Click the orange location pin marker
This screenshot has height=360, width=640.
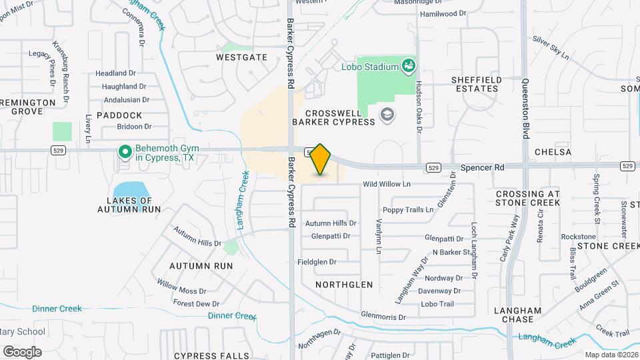pos(321,159)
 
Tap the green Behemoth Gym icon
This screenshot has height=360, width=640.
pos(124,152)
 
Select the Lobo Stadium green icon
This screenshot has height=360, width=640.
pos(409,65)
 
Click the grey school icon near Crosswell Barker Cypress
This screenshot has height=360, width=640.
pos(386,116)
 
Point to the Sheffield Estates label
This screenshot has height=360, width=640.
pos(476,84)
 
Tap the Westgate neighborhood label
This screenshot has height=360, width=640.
pos(241,57)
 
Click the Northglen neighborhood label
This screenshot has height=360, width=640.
pos(343,284)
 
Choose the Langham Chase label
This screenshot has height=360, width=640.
pos(517,315)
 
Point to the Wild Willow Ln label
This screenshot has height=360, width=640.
pos(387,184)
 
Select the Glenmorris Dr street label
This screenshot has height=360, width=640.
pos(383,317)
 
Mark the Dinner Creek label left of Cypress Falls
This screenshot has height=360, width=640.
pos(57,309)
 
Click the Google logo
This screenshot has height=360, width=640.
pos(22,351)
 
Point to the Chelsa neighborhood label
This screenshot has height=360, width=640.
pos(553,152)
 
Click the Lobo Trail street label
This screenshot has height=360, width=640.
pos(437,304)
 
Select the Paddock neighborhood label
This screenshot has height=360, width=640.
pos(119,115)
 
